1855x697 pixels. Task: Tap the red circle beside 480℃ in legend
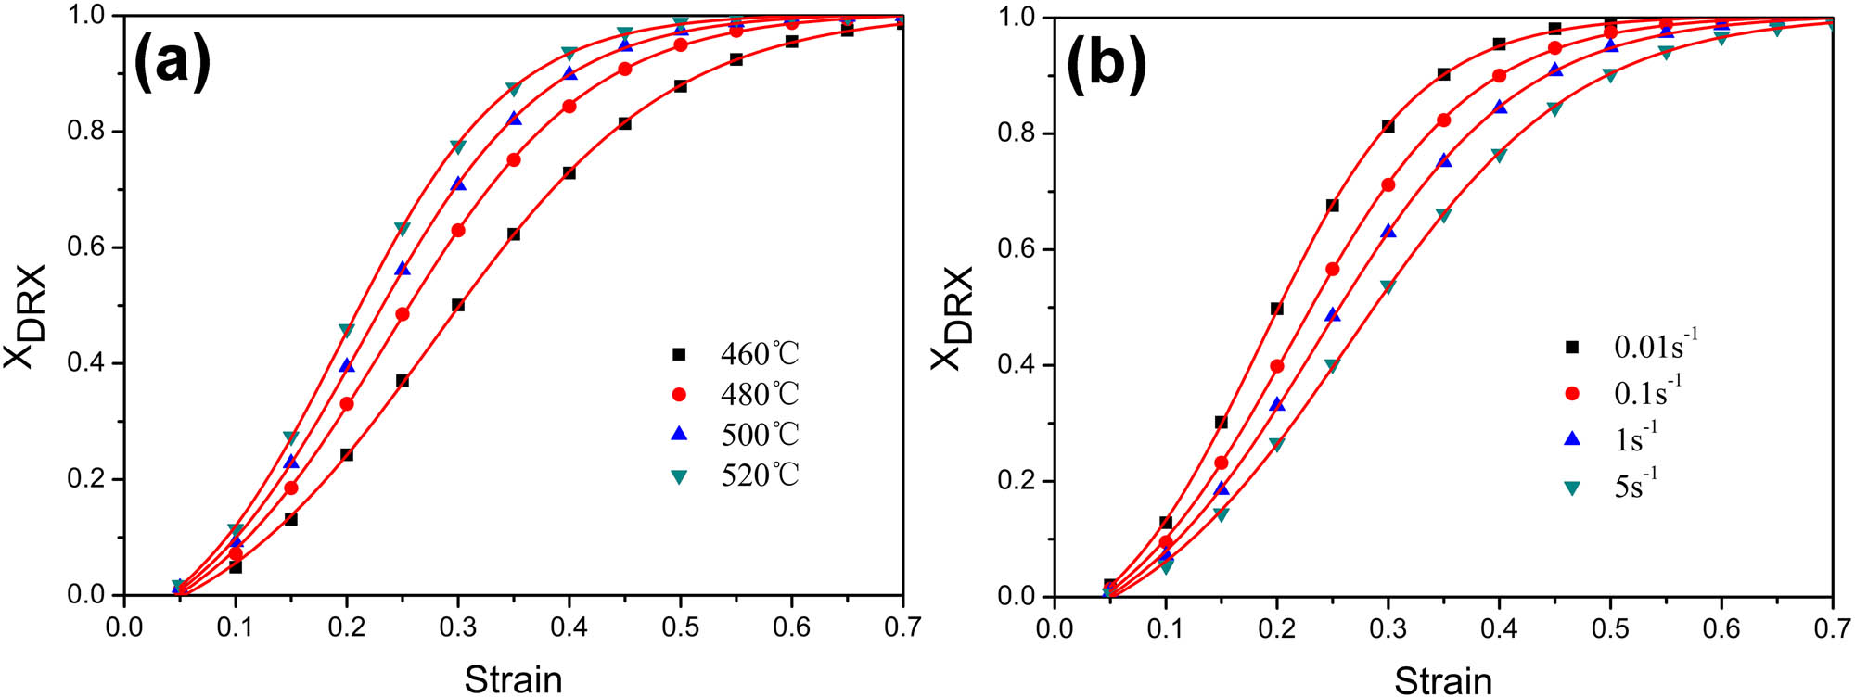(679, 395)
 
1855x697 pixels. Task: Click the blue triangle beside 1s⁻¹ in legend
(1572, 439)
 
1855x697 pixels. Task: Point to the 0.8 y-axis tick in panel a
(85, 132)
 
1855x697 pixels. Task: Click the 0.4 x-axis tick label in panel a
(569, 627)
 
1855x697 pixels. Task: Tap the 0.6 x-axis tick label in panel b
(1721, 629)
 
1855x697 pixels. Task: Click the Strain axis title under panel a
(513, 679)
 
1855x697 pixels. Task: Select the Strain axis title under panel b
(1443, 681)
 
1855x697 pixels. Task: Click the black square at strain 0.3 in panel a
(458, 305)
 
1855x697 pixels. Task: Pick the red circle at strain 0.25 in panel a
(403, 314)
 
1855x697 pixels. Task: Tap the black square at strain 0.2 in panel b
(1277, 309)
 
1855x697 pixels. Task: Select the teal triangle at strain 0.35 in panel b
(1443, 215)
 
